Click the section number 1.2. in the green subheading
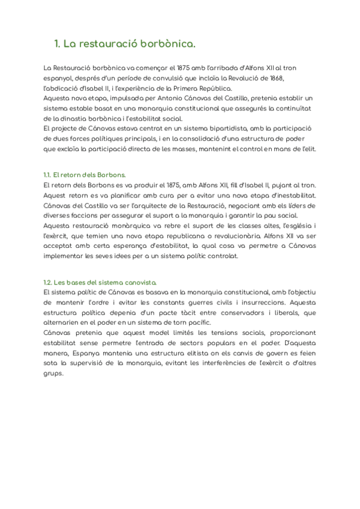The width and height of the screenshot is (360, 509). tap(48, 282)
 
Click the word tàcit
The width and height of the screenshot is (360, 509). tap(167, 312)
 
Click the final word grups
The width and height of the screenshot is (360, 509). tap(53, 373)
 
